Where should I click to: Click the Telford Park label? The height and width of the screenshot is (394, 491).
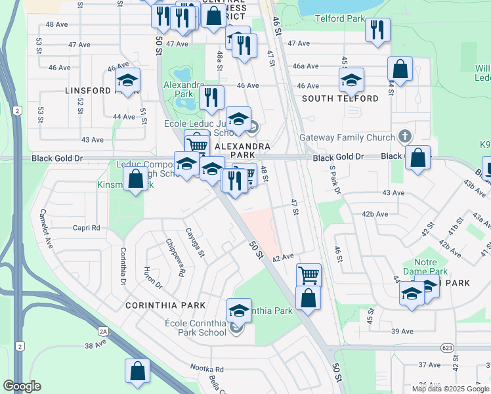pos(339,19)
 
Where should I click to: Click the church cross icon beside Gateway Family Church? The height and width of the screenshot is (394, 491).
pos(405,137)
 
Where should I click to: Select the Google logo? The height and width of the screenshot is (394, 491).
pos(22,386)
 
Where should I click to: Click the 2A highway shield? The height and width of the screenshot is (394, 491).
pos(103,332)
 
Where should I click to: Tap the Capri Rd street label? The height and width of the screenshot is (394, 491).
pos(87,228)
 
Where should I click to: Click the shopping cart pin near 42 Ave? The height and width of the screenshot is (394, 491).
pos(309,274)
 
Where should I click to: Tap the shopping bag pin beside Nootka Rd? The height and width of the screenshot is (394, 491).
pos(138,372)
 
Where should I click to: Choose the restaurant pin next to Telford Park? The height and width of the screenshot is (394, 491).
pos(377,30)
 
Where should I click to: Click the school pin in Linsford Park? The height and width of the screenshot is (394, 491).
pos(127,81)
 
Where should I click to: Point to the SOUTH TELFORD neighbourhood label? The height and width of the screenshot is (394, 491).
pos(340,98)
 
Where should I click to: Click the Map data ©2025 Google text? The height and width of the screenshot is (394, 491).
pos(450,389)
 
